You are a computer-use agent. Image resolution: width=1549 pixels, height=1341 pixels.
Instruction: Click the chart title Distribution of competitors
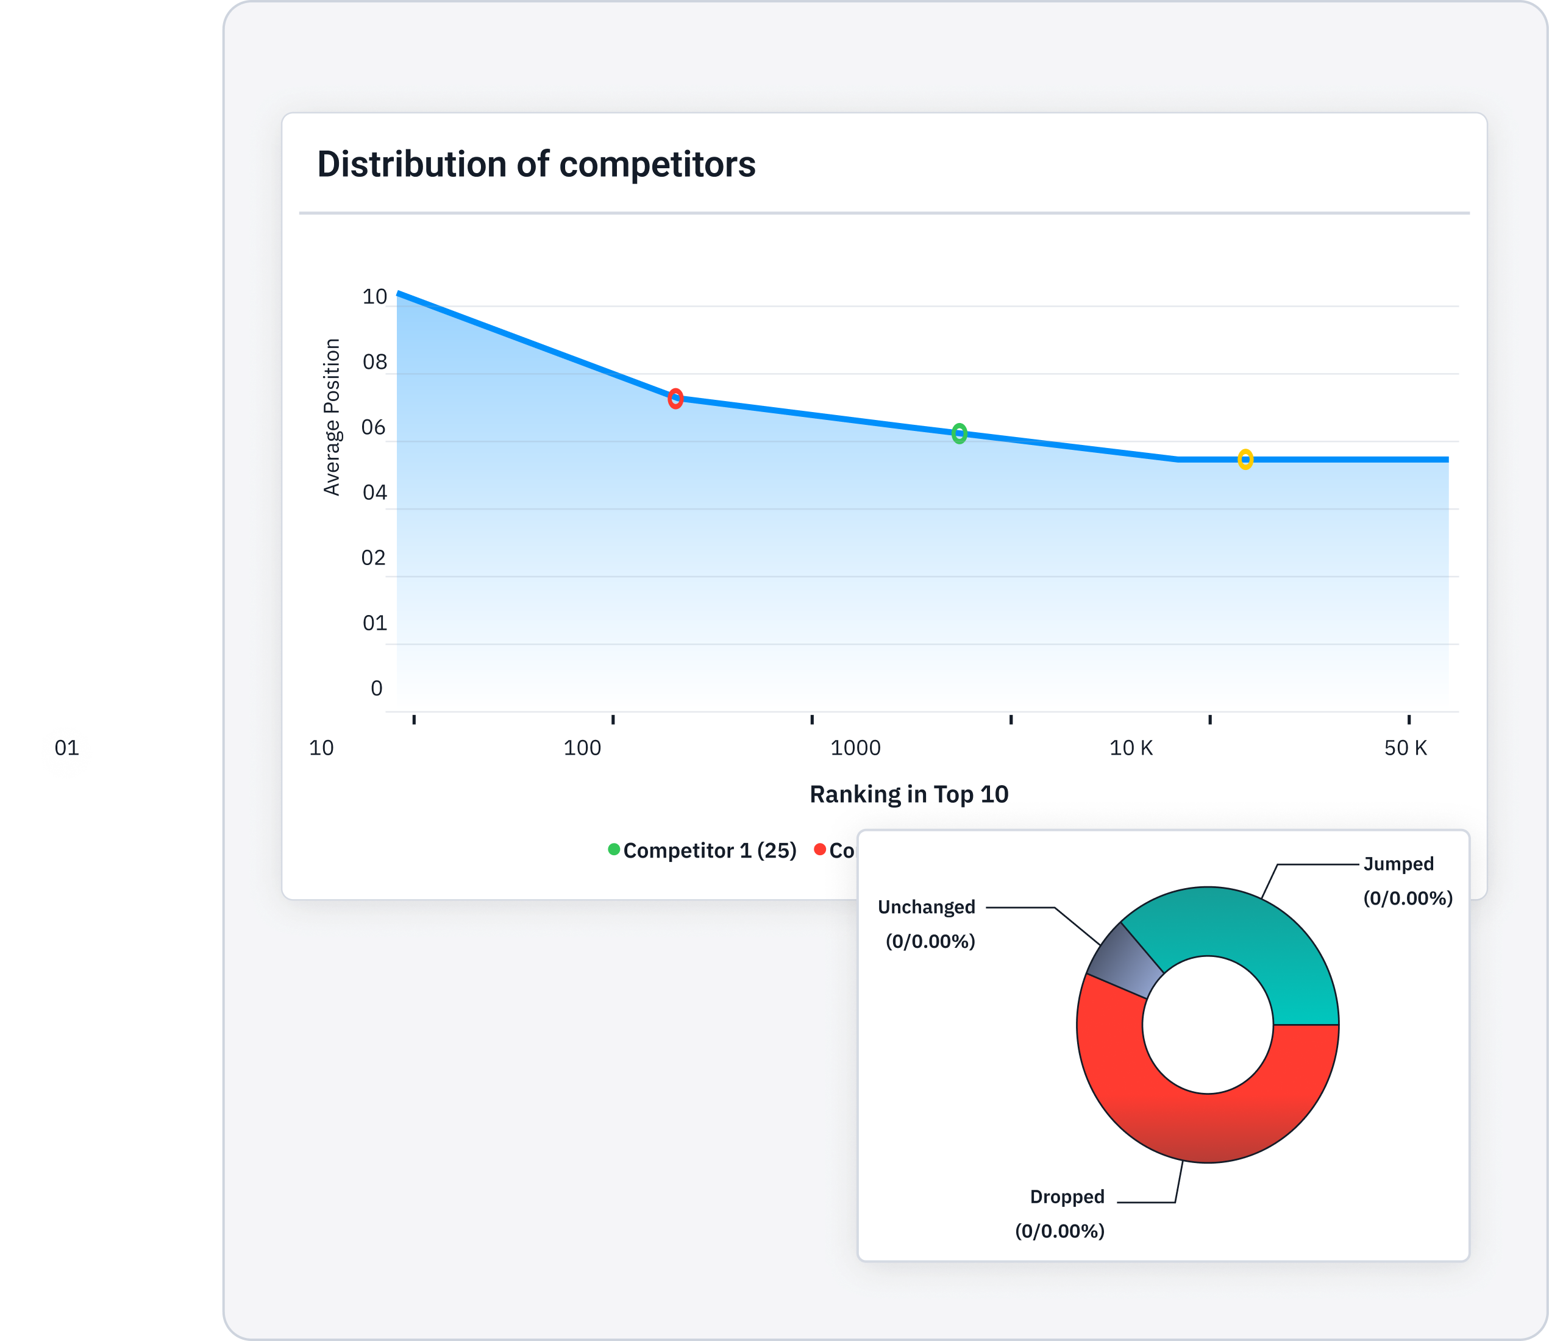coord(536,165)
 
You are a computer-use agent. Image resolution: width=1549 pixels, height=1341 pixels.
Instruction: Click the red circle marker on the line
coord(675,399)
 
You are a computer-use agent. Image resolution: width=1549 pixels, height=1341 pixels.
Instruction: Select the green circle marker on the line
coord(958,433)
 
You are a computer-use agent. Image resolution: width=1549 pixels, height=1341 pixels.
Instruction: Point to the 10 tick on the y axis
coord(374,297)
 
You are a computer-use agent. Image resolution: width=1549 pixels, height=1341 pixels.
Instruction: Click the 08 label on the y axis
coord(374,362)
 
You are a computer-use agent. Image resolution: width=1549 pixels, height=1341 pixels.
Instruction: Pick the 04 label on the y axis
coord(374,493)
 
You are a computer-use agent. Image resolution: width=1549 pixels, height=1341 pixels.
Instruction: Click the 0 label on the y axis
coord(376,688)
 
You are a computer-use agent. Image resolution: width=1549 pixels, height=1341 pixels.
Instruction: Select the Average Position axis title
coord(332,417)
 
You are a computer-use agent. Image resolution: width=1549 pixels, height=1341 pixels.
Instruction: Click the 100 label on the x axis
coord(582,747)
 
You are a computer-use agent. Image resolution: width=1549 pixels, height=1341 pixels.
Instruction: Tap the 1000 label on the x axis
coord(855,747)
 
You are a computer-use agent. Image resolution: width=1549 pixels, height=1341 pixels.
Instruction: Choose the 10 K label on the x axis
coord(1131,747)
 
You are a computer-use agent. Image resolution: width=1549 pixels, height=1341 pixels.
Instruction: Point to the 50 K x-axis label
coord(1405,747)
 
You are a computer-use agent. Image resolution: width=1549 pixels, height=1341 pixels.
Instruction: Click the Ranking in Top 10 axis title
coord(908,794)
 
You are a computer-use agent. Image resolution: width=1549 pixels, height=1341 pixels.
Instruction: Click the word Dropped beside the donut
coord(1066,1197)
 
